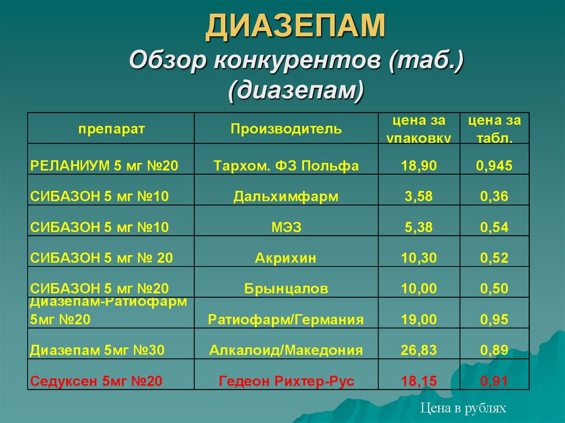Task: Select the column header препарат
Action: pyautogui.click(x=111, y=129)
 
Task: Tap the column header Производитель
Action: pyautogui.click(x=286, y=129)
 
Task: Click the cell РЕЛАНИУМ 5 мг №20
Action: pyautogui.click(x=104, y=165)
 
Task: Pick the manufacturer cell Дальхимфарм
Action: pyautogui.click(x=286, y=196)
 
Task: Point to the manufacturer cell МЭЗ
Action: pyautogui.click(x=286, y=227)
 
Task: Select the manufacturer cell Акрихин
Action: pyautogui.click(x=286, y=258)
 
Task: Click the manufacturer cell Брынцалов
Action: pyautogui.click(x=286, y=288)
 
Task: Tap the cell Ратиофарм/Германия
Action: pyautogui.click(x=286, y=319)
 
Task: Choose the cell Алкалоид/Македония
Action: pyautogui.click(x=286, y=350)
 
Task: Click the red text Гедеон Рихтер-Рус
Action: pyautogui.click(x=286, y=381)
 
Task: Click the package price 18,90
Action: pyautogui.click(x=419, y=165)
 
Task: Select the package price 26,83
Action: pyautogui.click(x=419, y=350)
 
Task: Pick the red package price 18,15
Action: pyautogui.click(x=419, y=381)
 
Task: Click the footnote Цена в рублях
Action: pyautogui.click(x=463, y=408)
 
